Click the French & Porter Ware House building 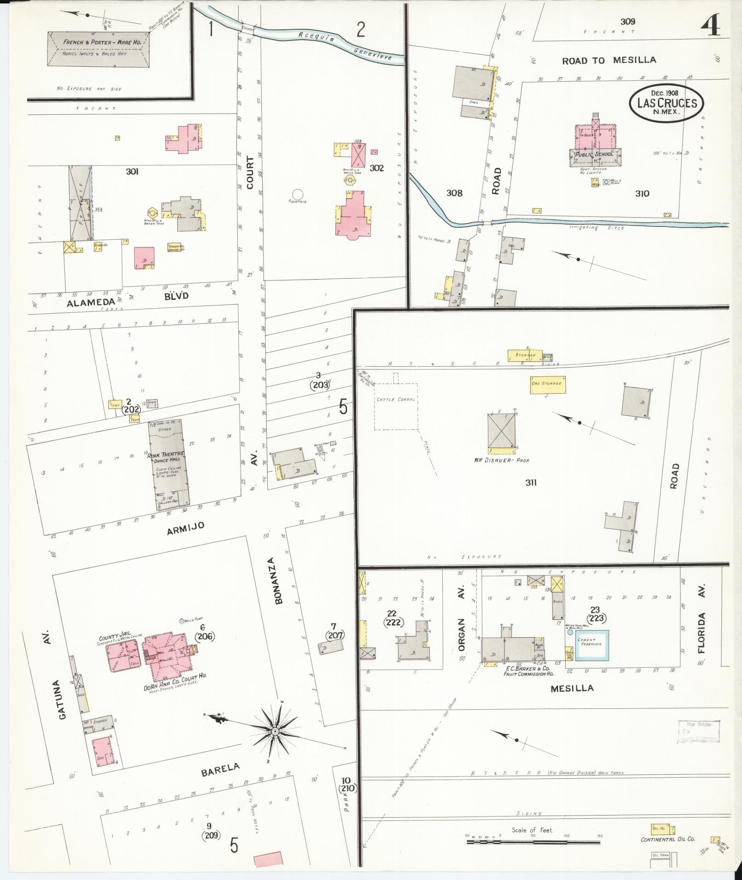point(98,48)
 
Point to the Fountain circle point(298,195)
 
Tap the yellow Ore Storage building point(547,385)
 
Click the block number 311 point(531,482)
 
